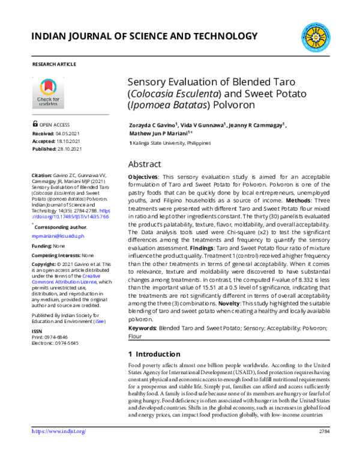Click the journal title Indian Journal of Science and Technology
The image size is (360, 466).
click(144, 37)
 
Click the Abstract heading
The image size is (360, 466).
click(145, 164)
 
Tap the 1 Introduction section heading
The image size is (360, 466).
click(154, 354)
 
